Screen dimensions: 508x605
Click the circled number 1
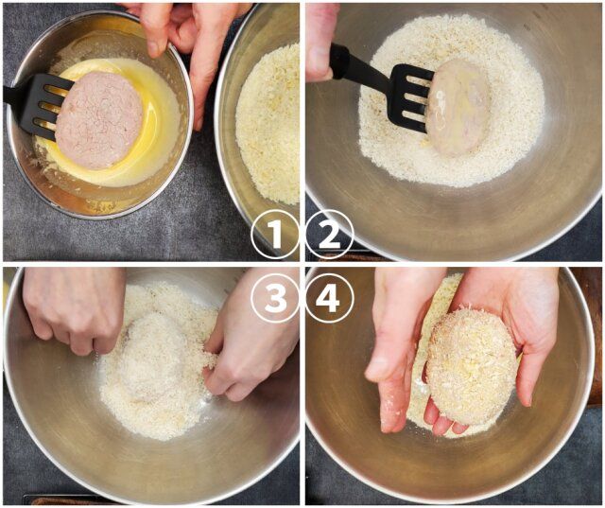274,234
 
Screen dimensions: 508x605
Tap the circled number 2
329,234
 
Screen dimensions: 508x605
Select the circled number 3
274,298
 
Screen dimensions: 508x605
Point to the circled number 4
329,298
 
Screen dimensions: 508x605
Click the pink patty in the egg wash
98,120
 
